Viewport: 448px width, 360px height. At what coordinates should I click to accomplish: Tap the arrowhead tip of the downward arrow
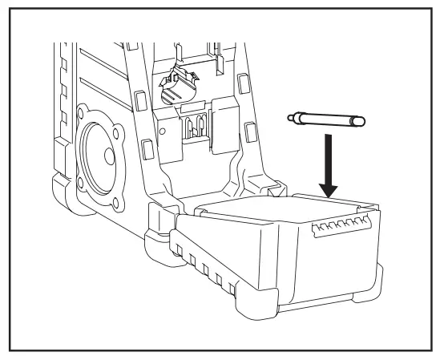(328, 195)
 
